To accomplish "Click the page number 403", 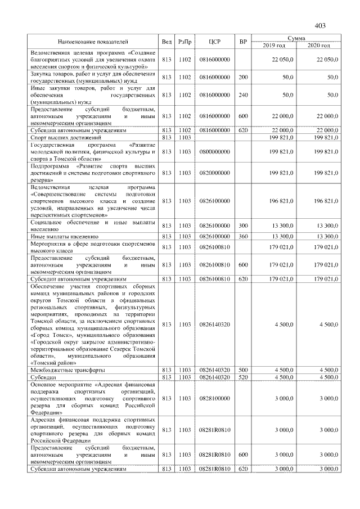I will pyautogui.click(x=321, y=25).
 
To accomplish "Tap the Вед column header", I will pyautogui.click(x=166, y=42).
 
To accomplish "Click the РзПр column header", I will pyautogui.click(x=184, y=42).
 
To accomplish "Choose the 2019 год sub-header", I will pyautogui.click(x=274, y=45).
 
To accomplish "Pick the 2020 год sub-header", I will pyautogui.click(x=318, y=45).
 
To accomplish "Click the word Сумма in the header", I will pyautogui.click(x=296, y=38).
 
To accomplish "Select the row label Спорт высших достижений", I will pyautogui.click(x=65, y=137).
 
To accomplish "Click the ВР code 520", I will pyautogui.click(x=243, y=377).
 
